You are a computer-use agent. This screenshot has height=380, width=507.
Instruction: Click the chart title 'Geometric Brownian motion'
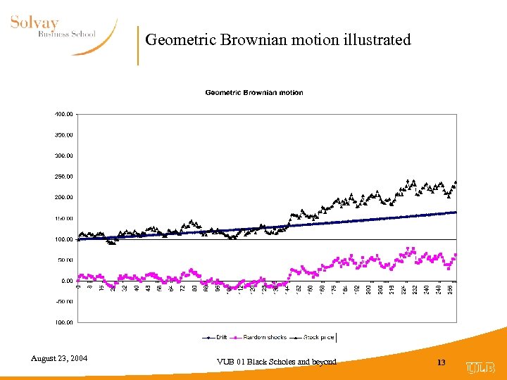(x=254, y=92)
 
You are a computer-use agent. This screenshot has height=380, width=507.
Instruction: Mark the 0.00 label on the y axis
(x=65, y=281)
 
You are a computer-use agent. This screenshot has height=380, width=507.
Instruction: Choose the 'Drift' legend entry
(x=220, y=337)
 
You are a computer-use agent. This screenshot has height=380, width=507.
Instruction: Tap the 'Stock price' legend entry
(x=318, y=337)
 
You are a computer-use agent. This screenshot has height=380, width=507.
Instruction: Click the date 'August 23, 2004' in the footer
(x=59, y=359)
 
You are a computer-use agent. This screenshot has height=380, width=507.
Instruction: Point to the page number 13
(x=442, y=362)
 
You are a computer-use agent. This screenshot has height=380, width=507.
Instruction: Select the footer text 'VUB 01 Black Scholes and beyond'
(x=278, y=362)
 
